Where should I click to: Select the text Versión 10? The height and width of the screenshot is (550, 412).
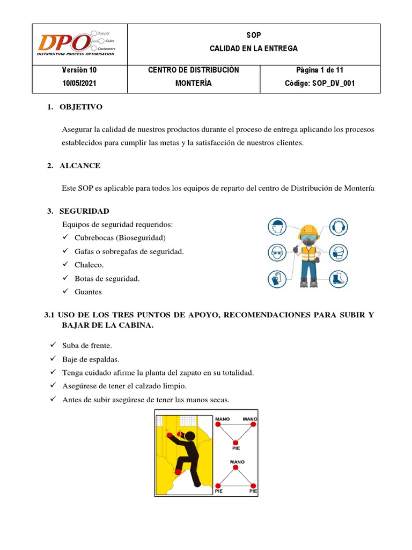click(79, 70)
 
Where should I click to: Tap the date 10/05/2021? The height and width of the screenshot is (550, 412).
click(79, 83)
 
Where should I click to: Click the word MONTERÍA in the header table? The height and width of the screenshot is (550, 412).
click(193, 83)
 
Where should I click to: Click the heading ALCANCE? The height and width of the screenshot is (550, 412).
click(80, 165)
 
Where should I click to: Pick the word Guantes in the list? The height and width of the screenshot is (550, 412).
click(87, 292)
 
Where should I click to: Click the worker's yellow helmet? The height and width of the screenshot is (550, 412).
click(310, 230)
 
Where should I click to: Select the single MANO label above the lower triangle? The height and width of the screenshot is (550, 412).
click(237, 461)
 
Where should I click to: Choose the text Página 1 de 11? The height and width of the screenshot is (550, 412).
click(320, 70)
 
